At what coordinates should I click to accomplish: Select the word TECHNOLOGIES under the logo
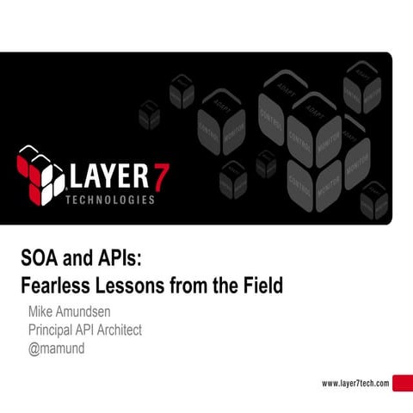(111, 200)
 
